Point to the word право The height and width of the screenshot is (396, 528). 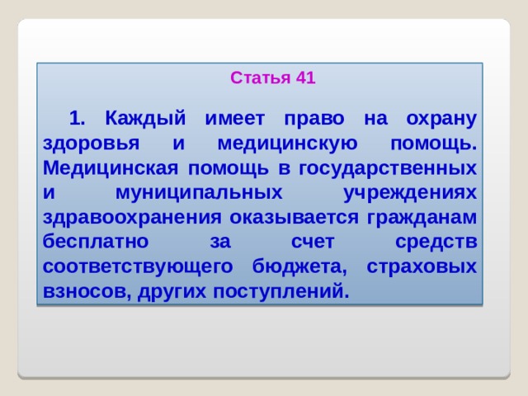click(x=314, y=119)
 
